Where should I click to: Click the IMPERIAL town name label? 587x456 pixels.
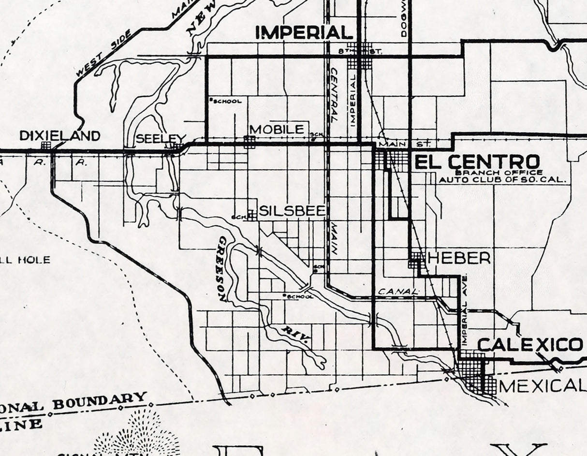pos(304,32)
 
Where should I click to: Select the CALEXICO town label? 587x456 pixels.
pos(529,345)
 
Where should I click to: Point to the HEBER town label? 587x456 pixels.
pos(459,258)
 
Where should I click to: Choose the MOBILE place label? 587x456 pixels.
pos(277,129)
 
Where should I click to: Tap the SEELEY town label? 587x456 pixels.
pos(161,138)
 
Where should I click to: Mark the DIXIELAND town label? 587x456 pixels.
pos(59,136)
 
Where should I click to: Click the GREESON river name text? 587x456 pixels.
pos(222,268)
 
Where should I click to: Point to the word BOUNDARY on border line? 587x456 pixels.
pos(100,401)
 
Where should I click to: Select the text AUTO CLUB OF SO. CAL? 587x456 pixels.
pos(502,180)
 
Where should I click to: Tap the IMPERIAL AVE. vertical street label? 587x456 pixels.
pos(464,309)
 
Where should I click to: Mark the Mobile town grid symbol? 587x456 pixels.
pos(249,142)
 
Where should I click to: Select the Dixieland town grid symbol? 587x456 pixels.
pos(46,145)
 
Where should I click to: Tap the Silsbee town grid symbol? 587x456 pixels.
pos(251,215)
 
